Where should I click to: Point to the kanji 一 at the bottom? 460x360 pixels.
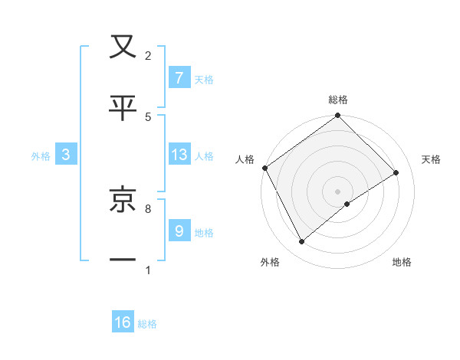(123, 260)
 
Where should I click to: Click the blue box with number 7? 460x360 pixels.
(179, 77)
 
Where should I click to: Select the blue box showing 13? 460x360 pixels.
(179, 155)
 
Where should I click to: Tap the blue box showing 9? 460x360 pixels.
(179, 231)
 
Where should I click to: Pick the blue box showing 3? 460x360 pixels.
(66, 155)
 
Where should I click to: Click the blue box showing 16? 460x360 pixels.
(123, 322)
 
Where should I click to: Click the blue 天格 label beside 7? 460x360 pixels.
(204, 79)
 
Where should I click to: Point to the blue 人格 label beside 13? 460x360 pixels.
(204, 155)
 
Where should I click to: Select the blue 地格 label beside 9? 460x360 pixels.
(204, 232)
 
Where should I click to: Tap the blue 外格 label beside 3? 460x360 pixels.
(41, 155)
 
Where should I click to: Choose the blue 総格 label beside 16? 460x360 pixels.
(147, 324)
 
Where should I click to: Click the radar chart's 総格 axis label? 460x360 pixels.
(338, 100)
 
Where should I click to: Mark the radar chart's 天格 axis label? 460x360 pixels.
(432, 159)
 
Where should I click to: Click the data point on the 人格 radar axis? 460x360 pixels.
(264, 168)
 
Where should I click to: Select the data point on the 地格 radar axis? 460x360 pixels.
(347, 204)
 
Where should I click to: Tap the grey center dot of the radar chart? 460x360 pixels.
(337, 191)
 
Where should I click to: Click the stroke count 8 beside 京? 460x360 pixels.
(148, 208)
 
